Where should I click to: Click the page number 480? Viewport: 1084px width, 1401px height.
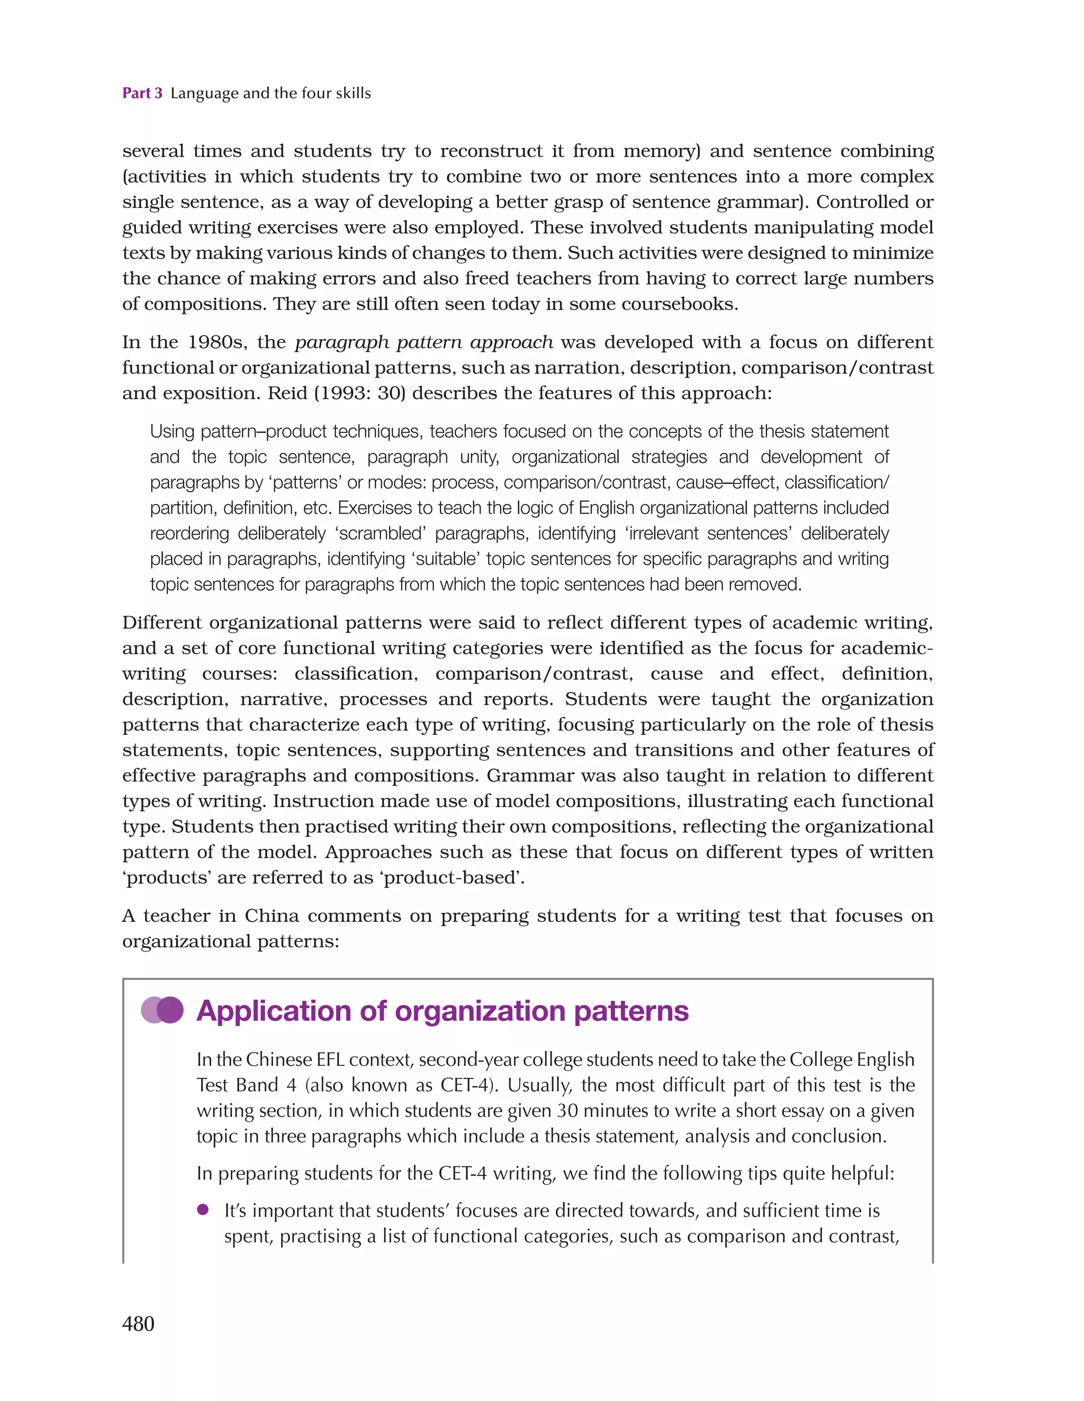tap(138, 1323)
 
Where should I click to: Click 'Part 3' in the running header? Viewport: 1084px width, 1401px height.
tap(142, 93)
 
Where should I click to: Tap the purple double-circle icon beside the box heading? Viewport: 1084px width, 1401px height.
tap(162, 1010)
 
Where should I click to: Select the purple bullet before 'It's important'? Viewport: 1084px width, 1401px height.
tap(203, 1210)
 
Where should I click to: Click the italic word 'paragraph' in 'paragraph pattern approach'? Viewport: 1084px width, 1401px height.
tap(340, 343)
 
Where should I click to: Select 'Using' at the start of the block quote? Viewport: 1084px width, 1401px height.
tap(173, 431)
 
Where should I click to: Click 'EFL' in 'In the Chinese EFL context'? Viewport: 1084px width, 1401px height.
tap(330, 1059)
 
